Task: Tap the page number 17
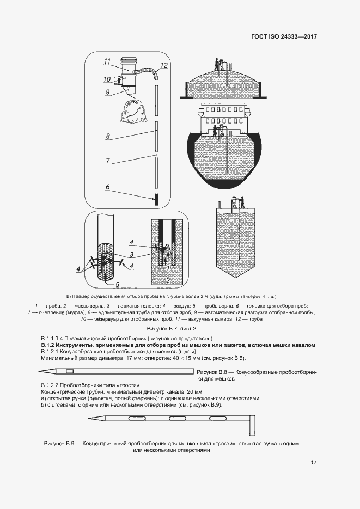[x=313, y=463]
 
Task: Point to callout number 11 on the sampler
[x=107, y=61]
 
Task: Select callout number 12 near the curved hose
[x=165, y=65]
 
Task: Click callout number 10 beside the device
[x=107, y=79]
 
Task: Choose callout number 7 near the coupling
[x=108, y=161]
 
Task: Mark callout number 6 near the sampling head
[x=108, y=187]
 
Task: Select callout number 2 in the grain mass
[x=169, y=279]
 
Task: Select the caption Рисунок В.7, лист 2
[x=179, y=329]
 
